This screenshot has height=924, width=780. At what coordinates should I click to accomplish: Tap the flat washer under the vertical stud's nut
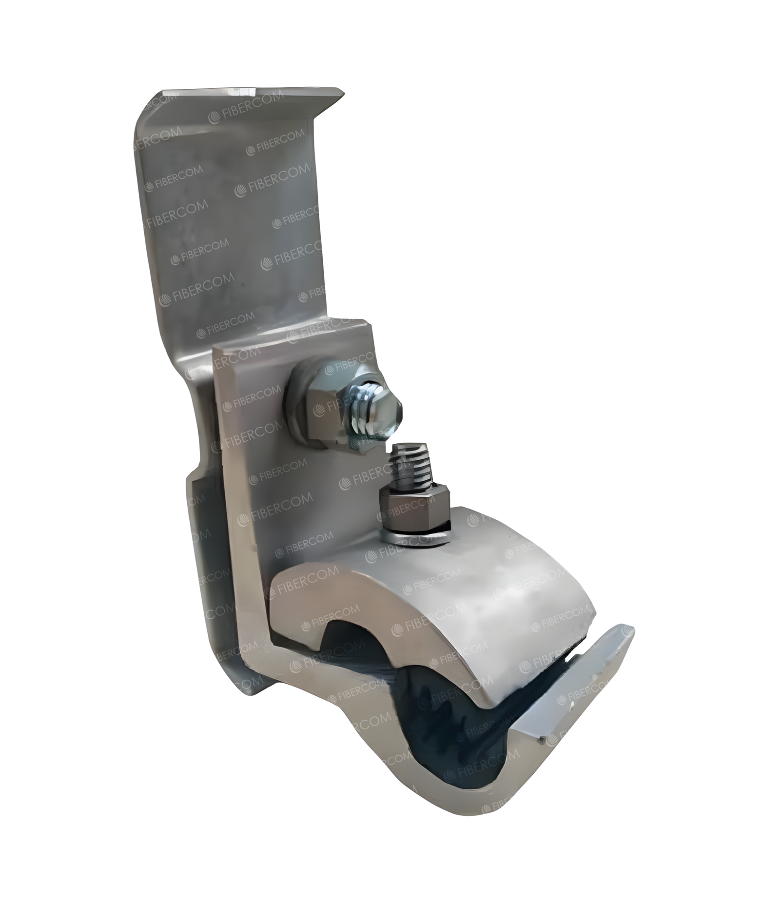415,535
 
